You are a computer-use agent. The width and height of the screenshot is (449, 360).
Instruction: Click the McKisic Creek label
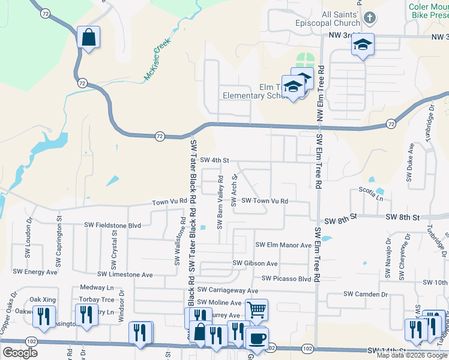[157, 60]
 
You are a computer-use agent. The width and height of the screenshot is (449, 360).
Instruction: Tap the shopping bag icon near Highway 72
[88, 37]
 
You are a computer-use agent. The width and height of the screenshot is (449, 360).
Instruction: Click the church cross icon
[370, 17]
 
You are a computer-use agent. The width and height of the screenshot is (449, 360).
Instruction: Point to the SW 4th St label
[215, 160]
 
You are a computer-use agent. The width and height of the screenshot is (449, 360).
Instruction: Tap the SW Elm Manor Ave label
[283, 245]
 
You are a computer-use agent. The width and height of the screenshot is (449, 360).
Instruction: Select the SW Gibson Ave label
[255, 263]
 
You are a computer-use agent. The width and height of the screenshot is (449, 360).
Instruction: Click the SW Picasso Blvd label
[286, 278]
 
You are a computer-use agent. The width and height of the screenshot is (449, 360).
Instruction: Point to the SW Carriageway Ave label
[228, 290]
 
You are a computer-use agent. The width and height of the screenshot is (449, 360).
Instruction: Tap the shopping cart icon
[256, 310]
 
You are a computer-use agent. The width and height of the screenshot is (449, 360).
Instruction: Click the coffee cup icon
[257, 338]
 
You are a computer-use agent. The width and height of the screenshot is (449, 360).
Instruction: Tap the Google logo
[20, 353]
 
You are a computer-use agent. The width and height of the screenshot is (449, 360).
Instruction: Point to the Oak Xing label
[43, 299]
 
